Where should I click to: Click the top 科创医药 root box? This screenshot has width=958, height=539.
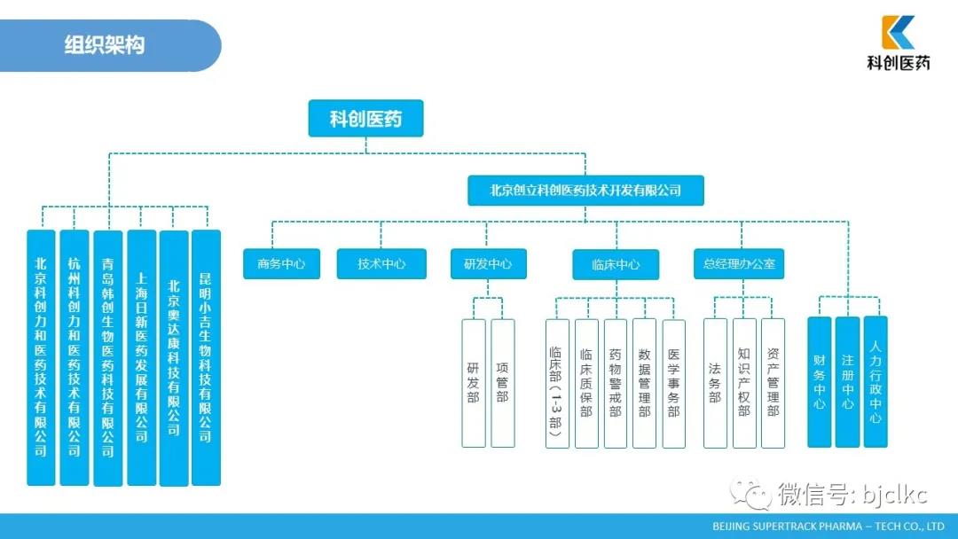click(x=365, y=118)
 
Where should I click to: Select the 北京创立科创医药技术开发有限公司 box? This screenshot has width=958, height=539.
click(x=585, y=190)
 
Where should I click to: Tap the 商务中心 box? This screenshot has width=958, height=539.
click(x=281, y=263)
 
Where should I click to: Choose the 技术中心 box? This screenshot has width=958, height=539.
click(x=381, y=263)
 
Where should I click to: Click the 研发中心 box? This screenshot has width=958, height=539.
click(x=487, y=263)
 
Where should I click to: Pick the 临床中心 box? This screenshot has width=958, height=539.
click(x=616, y=264)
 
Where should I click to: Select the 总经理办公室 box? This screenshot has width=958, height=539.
click(x=739, y=263)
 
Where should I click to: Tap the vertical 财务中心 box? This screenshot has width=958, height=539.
click(x=819, y=381)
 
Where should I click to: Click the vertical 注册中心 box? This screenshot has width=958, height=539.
click(x=847, y=381)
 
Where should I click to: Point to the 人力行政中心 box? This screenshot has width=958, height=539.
click(x=876, y=381)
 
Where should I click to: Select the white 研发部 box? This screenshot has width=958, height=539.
click(x=473, y=383)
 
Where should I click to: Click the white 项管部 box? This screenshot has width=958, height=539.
click(x=502, y=383)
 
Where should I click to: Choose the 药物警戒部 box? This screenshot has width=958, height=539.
click(x=615, y=383)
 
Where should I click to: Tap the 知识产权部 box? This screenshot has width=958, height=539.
click(x=744, y=383)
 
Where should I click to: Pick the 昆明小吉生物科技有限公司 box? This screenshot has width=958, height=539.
click(x=206, y=357)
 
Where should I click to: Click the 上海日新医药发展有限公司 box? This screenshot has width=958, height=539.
click(x=142, y=357)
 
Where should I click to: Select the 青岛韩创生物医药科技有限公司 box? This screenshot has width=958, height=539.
click(x=107, y=357)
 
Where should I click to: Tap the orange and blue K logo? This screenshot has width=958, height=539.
click(x=898, y=33)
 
